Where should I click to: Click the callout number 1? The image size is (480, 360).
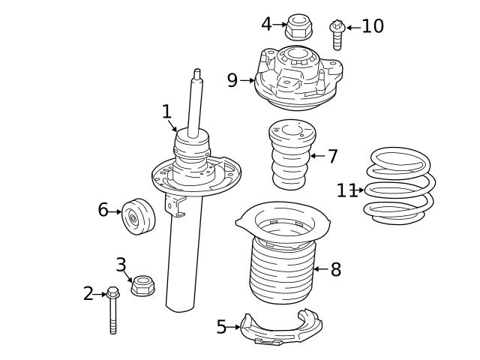click(x=166, y=112)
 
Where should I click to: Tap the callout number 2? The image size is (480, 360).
click(x=88, y=294)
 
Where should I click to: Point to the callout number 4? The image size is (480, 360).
click(x=266, y=24)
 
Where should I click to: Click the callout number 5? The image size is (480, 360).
click(x=221, y=327)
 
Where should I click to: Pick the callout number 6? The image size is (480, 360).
click(x=103, y=210)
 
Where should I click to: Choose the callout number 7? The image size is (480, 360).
click(x=333, y=157)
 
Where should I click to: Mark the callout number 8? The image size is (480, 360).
click(x=336, y=269)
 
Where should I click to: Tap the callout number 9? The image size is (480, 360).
click(x=232, y=79)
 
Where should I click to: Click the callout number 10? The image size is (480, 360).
click(x=373, y=27)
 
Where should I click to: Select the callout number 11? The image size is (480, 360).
click(x=346, y=190)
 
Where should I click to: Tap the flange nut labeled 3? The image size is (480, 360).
click(x=142, y=286)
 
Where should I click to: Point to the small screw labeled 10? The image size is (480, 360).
click(x=337, y=34)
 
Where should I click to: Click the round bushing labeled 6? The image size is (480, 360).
click(x=137, y=217)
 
